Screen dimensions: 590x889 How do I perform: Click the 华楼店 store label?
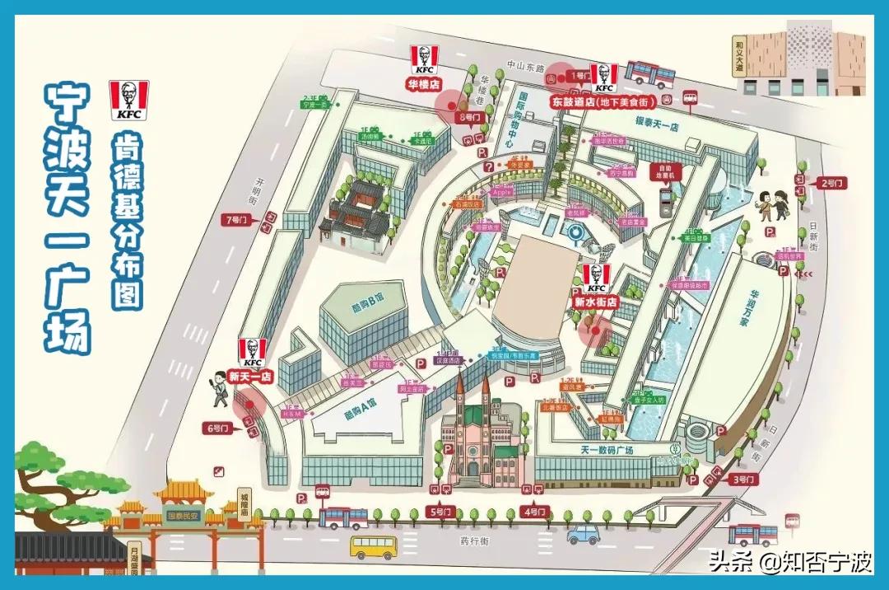pyautogui.click(x=424, y=83)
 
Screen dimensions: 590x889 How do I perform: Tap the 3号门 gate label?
pyautogui.click(x=743, y=479)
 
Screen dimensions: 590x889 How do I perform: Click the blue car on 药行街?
pyautogui.click(x=584, y=533)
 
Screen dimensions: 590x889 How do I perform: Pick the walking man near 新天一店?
pyautogui.click(x=217, y=387)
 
